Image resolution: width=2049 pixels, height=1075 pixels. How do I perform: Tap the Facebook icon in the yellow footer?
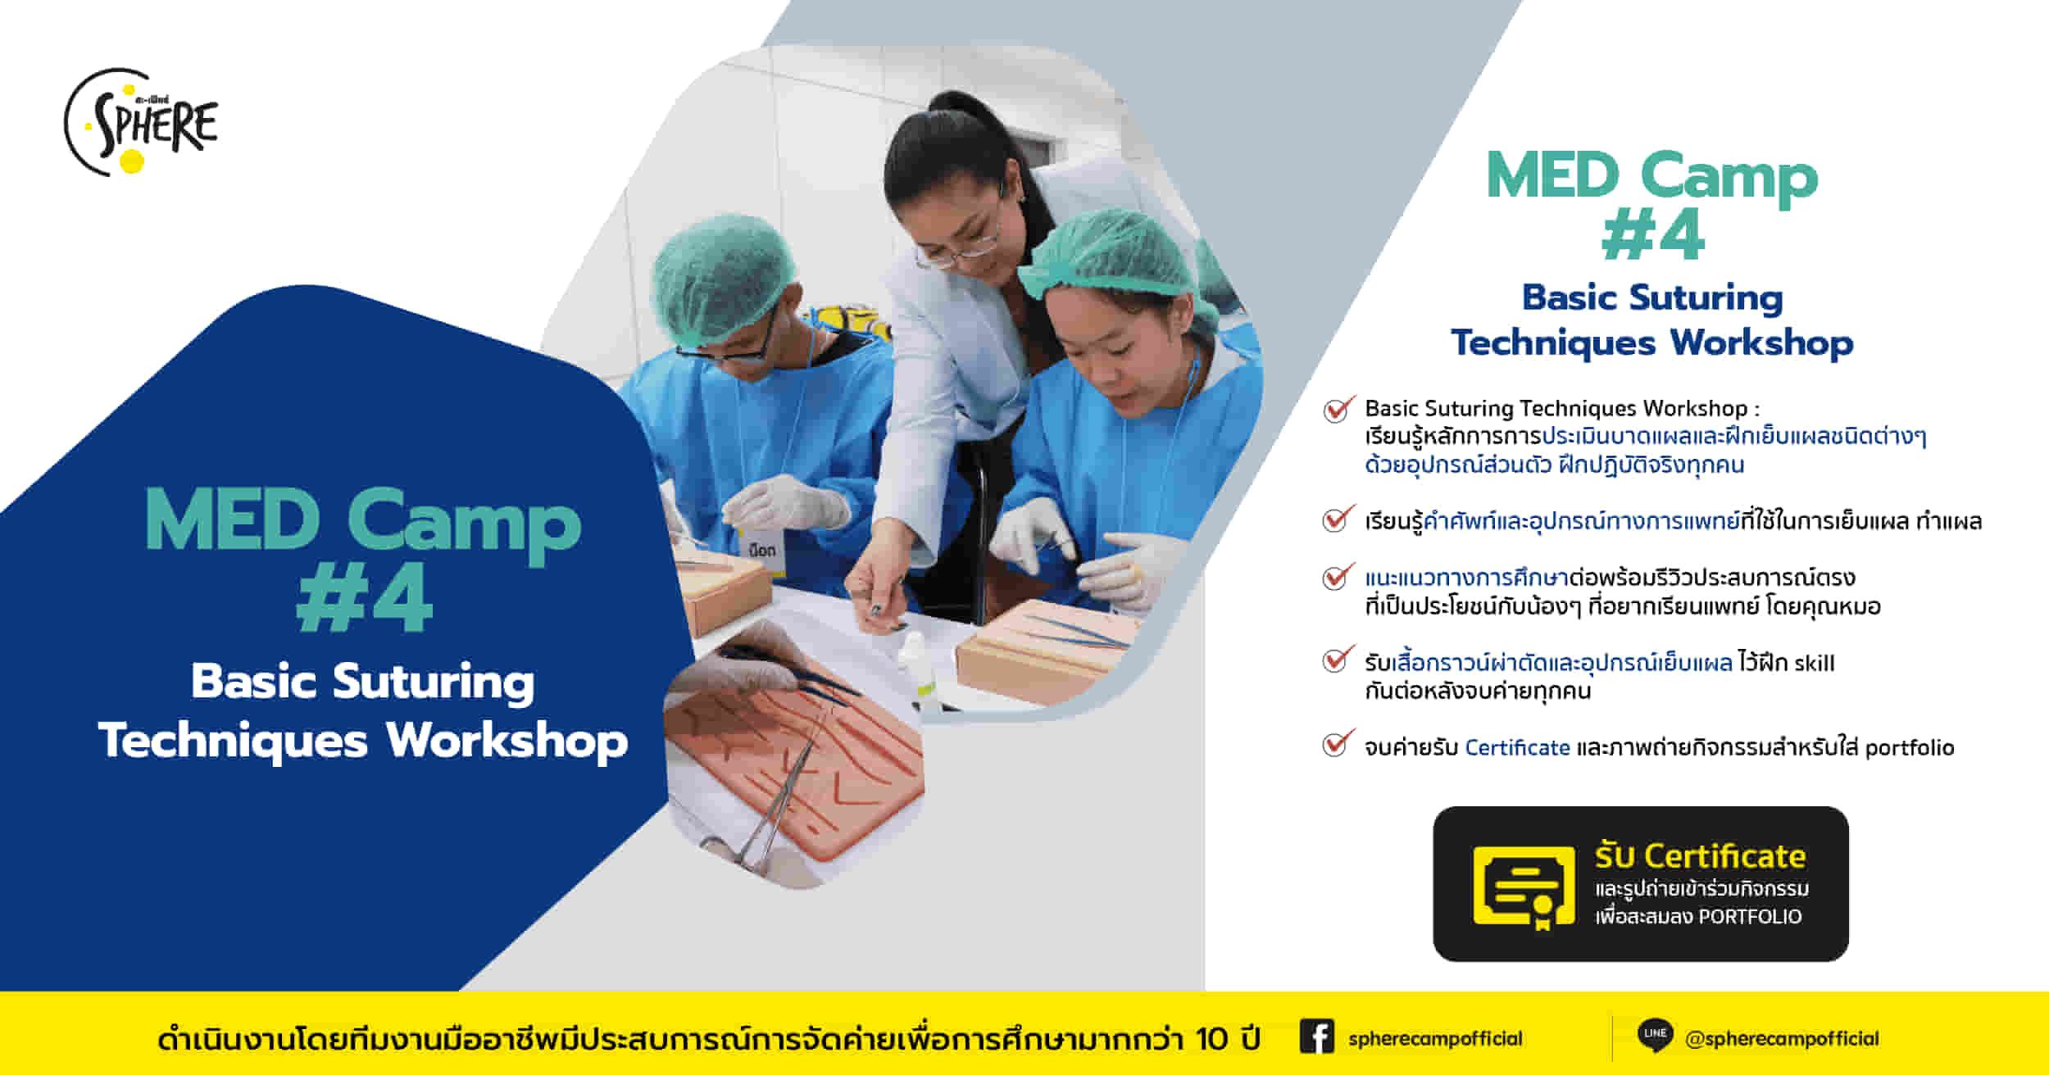tap(1316, 1037)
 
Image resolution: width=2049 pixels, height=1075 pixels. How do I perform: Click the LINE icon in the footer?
tap(1655, 1036)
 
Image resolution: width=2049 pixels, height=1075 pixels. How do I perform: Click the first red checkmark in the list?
tap(1337, 409)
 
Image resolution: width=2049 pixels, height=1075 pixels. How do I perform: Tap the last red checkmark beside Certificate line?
tap(1336, 744)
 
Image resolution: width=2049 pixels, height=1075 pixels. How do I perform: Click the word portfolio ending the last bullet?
tap(1910, 748)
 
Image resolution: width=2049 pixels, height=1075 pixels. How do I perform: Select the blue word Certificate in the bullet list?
tap(1517, 748)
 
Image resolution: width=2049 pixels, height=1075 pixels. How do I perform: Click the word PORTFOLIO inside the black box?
tap(1751, 917)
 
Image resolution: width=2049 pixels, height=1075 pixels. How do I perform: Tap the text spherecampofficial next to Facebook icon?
tap(1435, 1039)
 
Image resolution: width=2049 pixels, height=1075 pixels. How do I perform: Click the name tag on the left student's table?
tap(762, 550)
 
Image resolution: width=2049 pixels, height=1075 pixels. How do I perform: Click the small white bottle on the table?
tap(915, 664)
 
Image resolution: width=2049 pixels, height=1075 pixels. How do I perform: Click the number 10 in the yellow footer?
tap(1211, 1039)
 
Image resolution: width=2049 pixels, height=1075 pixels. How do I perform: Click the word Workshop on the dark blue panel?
tap(507, 742)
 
